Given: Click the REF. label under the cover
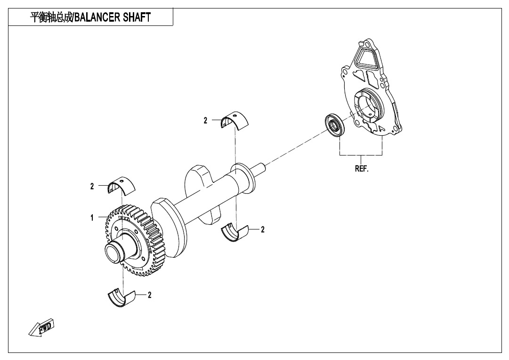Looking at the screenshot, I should point(362,169).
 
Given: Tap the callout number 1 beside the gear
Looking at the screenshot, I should point(92,218).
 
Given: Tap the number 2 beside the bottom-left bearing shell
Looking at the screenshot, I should point(150,295).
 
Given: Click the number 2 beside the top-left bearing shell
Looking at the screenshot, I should point(92,186).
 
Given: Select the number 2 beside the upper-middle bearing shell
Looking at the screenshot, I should point(205,121).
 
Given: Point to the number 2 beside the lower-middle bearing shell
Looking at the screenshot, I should point(263,229).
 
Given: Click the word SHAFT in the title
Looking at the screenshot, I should point(137,17).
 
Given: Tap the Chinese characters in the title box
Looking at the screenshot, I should point(50,17).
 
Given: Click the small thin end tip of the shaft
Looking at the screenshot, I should point(260,166).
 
